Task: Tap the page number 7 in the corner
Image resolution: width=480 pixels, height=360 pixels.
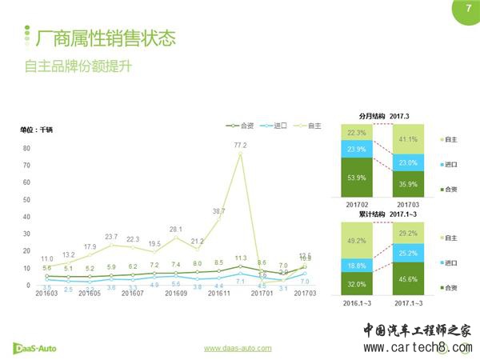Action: [x=467, y=9]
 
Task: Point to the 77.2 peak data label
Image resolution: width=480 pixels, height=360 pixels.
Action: [x=240, y=145]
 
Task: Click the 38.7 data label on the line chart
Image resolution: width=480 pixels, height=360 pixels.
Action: [x=218, y=211]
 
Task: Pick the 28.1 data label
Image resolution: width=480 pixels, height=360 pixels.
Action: [x=175, y=229]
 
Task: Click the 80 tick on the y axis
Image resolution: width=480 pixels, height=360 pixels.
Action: [x=26, y=148]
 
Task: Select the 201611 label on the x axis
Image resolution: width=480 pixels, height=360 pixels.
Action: [x=218, y=294]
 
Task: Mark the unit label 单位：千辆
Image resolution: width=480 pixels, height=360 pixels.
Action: [x=36, y=130]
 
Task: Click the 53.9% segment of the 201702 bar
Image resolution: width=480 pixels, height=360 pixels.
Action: [x=357, y=177]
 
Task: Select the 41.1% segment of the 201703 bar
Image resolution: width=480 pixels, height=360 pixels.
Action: [x=408, y=138]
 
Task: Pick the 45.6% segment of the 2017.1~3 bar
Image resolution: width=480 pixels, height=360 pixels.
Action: [x=408, y=279]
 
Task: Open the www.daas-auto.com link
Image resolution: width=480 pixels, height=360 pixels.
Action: [x=238, y=348]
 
